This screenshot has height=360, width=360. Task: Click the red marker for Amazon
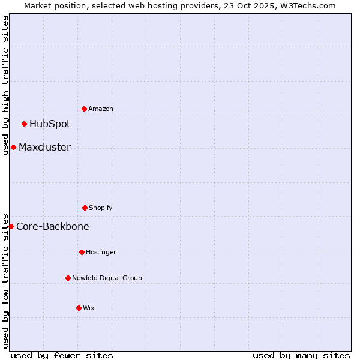(84, 109)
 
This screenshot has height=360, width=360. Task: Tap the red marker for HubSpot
(24, 124)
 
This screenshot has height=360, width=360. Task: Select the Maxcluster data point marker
(13, 147)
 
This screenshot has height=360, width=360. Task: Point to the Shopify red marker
(85, 208)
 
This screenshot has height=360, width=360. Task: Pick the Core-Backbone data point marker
(11, 226)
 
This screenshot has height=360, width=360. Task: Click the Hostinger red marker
(82, 252)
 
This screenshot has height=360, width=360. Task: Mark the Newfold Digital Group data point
(68, 278)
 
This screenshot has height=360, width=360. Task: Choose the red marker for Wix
(79, 308)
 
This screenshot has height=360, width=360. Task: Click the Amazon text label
(101, 109)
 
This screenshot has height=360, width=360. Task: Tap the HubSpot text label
(50, 124)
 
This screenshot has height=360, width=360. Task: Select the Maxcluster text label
(44, 147)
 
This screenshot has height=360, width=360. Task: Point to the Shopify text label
(101, 208)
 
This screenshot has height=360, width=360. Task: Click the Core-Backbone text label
(53, 226)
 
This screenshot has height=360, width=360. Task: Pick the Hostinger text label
(101, 252)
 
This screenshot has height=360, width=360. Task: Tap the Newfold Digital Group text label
(107, 278)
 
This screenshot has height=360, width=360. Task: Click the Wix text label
(89, 308)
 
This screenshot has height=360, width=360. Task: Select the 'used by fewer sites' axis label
(62, 355)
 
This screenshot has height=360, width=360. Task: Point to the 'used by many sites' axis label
(301, 355)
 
